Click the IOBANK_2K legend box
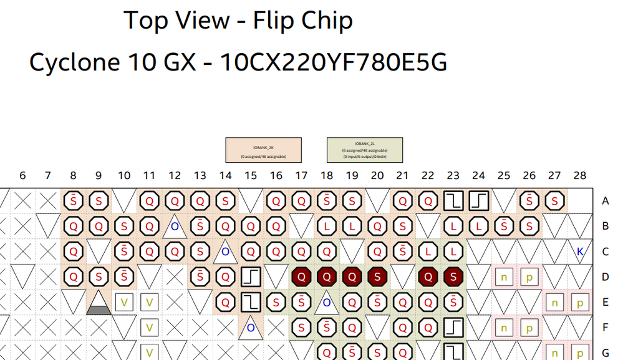[x=263, y=150]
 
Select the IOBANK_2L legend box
[x=365, y=150]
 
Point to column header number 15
[x=250, y=176]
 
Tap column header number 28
[x=579, y=176]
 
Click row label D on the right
[x=605, y=276]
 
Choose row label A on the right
[x=605, y=201]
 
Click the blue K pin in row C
[x=580, y=252]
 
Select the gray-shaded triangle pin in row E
[x=99, y=303]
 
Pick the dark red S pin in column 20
[x=377, y=276]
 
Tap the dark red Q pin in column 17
[x=301, y=276]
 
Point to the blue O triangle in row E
[x=326, y=303]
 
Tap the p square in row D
[x=529, y=276]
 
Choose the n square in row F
[x=504, y=328]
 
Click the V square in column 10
[x=124, y=303]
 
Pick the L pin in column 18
[x=326, y=226]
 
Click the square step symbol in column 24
[x=478, y=201]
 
